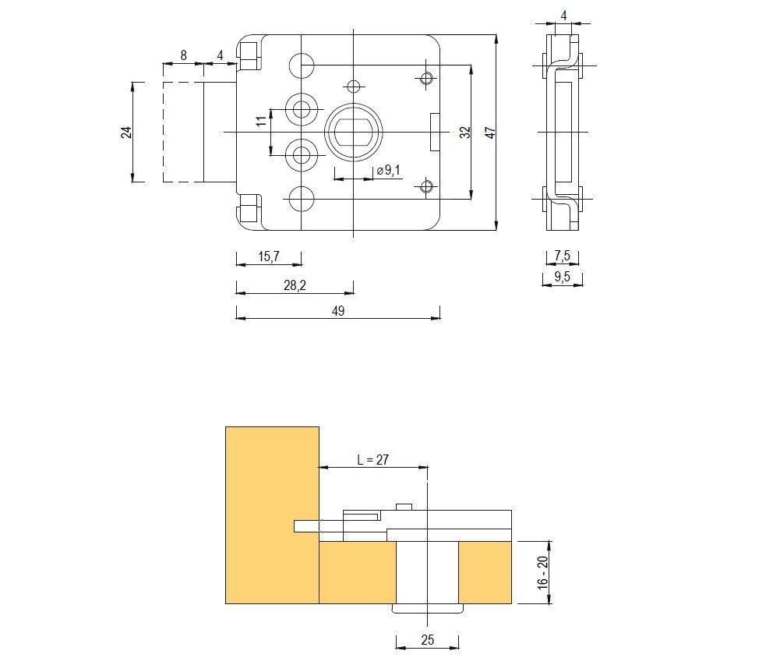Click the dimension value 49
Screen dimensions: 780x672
tap(337, 311)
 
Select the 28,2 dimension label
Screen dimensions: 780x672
tap(295, 286)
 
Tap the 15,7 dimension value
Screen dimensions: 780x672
tap(269, 256)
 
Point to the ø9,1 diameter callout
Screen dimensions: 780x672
tap(388, 171)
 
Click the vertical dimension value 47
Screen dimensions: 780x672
tap(490, 133)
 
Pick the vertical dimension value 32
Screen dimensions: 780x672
tap(464, 133)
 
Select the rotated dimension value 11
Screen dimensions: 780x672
tap(261, 121)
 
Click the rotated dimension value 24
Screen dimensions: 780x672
tap(126, 133)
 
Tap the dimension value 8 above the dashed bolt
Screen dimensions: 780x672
tap(184, 55)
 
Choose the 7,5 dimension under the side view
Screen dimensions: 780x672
tap(562, 256)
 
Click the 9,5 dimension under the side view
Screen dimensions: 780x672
tap(562, 277)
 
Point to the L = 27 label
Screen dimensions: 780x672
tap(373, 459)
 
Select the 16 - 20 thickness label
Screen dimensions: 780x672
tap(542, 572)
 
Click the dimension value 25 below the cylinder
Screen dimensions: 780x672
tap(427, 640)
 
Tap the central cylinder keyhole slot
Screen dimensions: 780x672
tap(353, 133)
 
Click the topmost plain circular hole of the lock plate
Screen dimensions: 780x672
tap(302, 65)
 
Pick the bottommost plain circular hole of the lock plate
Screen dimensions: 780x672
tap(302, 199)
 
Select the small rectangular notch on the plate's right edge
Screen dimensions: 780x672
tap(435, 133)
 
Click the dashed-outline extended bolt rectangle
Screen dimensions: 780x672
tap(184, 133)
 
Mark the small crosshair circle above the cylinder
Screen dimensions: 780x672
tap(353, 86)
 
